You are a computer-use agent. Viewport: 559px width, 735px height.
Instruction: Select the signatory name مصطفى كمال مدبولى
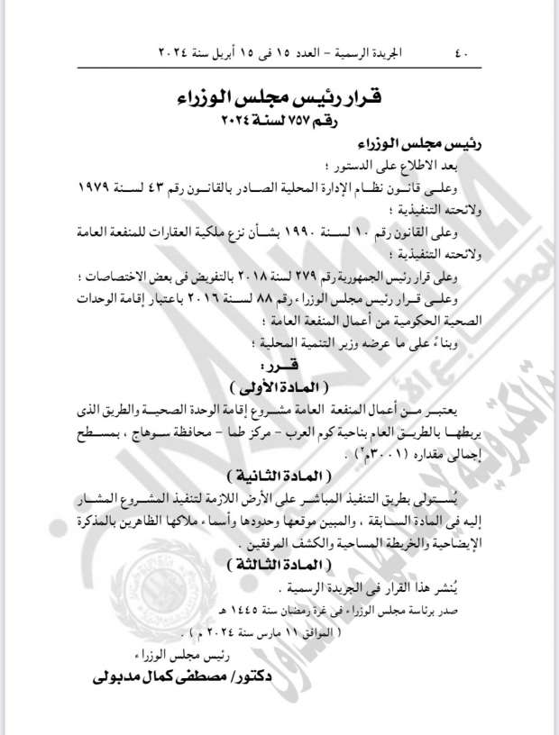click(179, 673)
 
